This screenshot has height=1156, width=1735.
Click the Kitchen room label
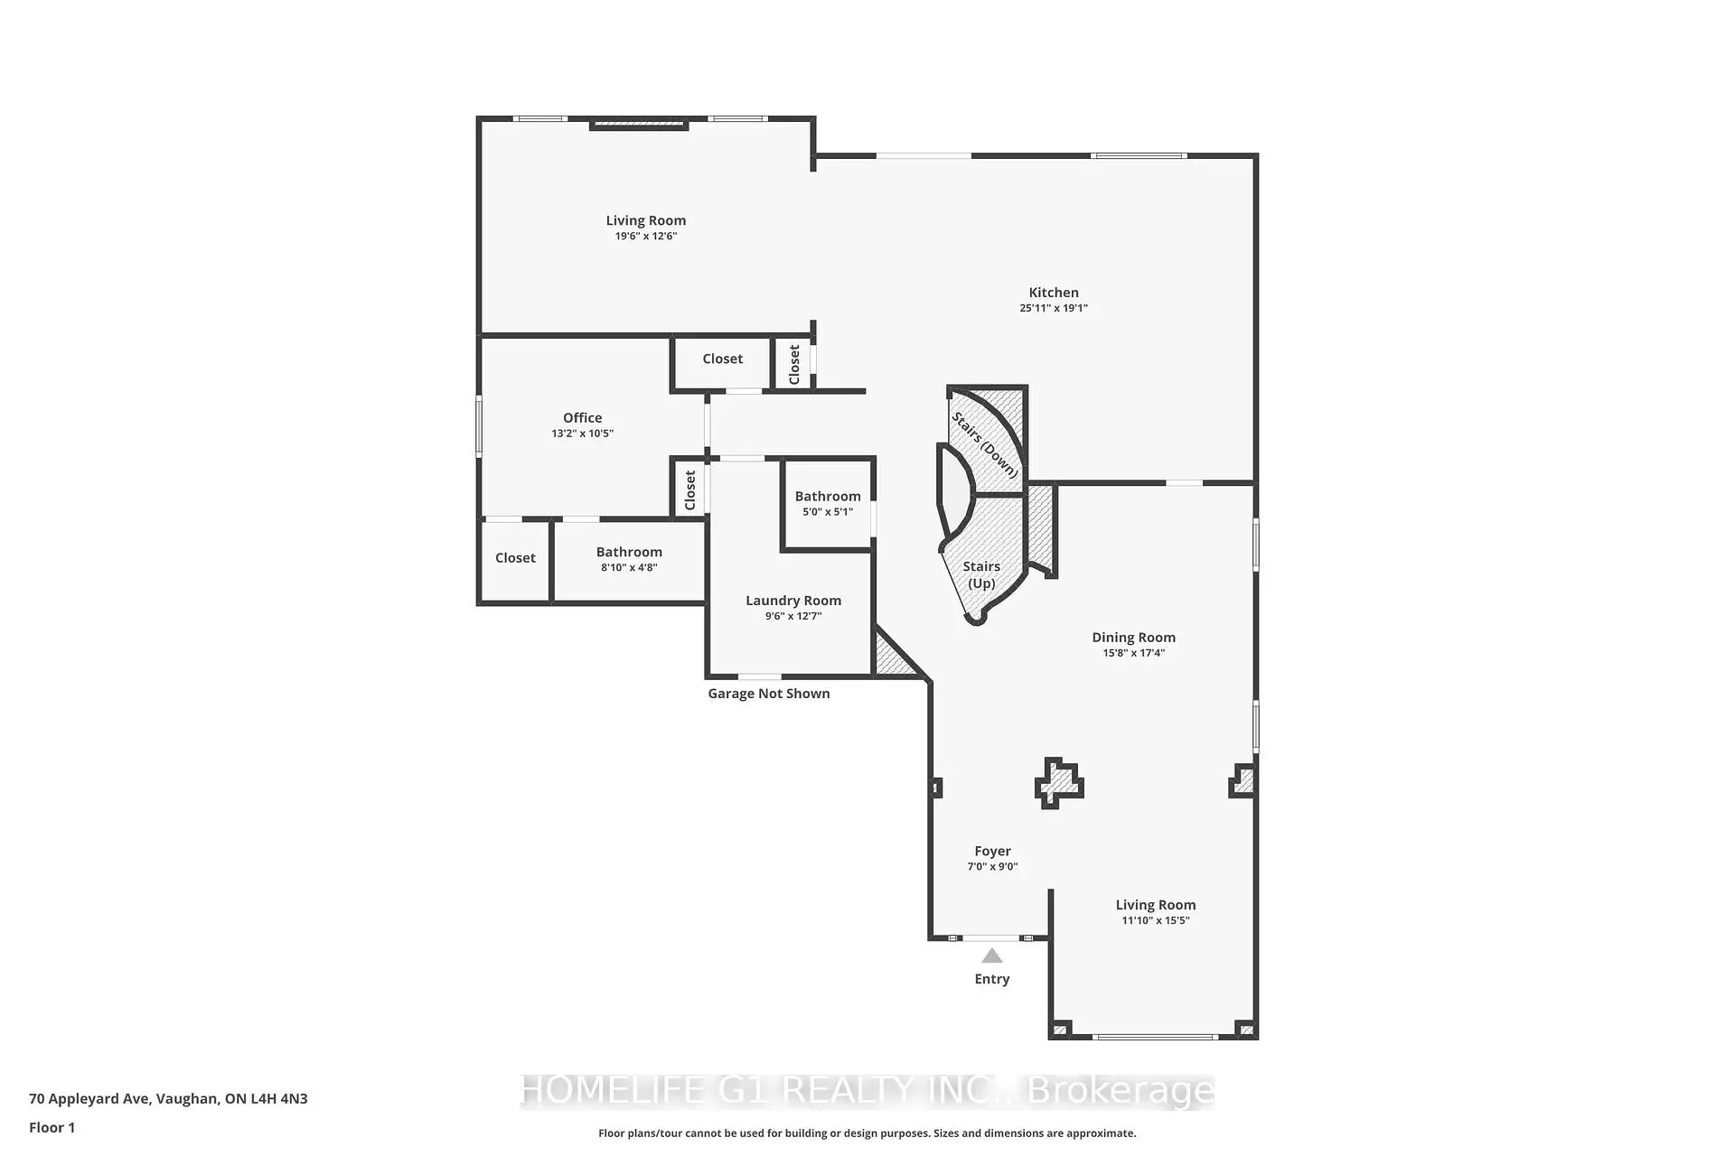point(1054,293)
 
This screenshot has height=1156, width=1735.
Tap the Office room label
point(582,417)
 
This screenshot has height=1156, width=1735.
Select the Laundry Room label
point(793,601)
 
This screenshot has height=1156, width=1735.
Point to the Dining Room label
point(1133,638)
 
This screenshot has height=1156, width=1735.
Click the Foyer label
point(992,851)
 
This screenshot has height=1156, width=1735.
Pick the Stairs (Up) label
point(981,574)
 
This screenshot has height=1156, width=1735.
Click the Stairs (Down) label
point(985,445)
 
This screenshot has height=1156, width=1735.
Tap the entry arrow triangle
point(992,956)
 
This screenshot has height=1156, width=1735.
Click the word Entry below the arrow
point(992,979)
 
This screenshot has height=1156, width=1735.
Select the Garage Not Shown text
point(769,694)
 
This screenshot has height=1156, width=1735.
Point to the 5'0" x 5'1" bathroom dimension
point(828,512)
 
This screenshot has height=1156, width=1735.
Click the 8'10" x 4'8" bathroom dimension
point(629,568)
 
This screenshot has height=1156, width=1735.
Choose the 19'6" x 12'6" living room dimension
point(646,237)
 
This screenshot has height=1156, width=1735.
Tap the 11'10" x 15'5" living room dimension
point(1156,921)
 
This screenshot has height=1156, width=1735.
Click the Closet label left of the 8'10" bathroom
point(515,558)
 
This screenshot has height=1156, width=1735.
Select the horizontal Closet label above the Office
point(723,359)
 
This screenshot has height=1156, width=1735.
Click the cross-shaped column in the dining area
point(1059,783)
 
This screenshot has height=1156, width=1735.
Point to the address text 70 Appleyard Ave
point(89,1099)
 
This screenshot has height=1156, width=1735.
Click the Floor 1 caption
point(52,1128)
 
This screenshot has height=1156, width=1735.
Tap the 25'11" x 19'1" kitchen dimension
point(1054,309)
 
